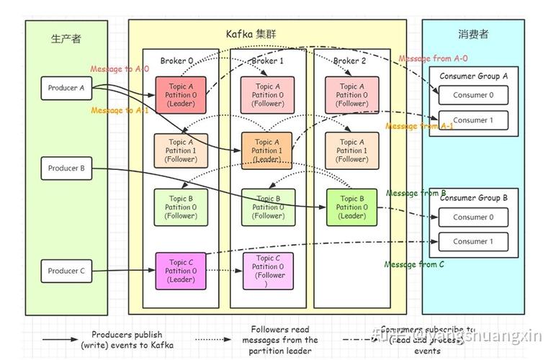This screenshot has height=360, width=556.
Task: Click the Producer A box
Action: pos(67,89)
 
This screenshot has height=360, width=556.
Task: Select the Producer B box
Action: pos(67,168)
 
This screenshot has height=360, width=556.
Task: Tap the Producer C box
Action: pos(67,271)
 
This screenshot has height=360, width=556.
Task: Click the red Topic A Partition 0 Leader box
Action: pos(181,95)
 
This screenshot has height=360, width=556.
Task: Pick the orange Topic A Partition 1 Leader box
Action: pos(266,151)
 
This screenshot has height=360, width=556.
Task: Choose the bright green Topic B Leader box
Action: pos(352,207)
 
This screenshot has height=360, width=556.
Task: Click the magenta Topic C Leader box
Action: pos(181,271)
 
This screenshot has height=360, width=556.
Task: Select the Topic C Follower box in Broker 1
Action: pos(268,271)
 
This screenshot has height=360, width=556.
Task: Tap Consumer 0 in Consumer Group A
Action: pos(473,95)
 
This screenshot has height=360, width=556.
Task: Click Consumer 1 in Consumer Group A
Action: pos(473,120)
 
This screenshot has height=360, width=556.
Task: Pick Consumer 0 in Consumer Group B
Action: pos(473,217)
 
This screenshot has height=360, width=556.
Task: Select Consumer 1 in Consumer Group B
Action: pos(473,242)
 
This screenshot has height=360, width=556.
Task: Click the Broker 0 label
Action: pos(177,61)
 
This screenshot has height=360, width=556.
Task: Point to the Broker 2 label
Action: pos(350,61)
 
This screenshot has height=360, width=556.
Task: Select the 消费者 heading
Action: pos(473,35)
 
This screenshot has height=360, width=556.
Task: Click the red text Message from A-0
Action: pos(434,58)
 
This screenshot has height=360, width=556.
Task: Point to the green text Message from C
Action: pos(414,264)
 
